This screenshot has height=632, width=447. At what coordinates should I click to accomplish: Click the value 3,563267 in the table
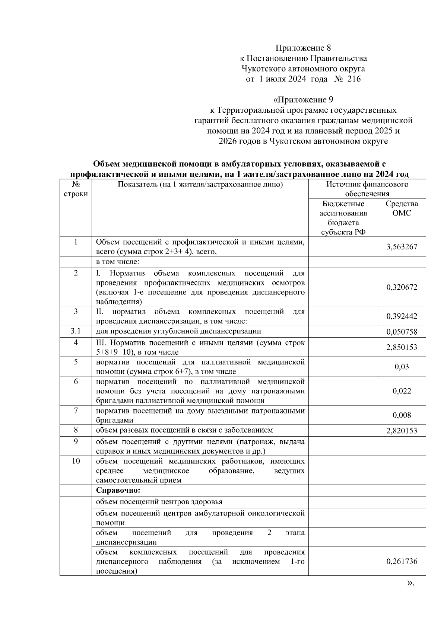(x=402, y=247)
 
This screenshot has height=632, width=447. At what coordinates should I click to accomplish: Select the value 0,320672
(x=402, y=287)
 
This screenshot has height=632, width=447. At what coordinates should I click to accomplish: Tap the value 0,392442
(x=402, y=316)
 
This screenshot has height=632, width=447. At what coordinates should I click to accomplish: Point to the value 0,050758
(x=402, y=332)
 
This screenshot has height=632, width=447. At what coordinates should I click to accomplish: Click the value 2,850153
(x=402, y=347)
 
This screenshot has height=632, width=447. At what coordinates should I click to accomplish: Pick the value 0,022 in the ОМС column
(x=402, y=391)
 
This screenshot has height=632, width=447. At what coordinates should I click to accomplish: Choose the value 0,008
(x=402, y=415)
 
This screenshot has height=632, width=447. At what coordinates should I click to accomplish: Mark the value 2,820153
(x=402, y=431)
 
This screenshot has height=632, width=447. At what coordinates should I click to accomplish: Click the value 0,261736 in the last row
(x=402, y=561)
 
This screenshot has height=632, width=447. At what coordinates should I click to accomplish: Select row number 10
(x=76, y=461)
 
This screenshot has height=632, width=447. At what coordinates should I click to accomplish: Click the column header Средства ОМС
(x=402, y=208)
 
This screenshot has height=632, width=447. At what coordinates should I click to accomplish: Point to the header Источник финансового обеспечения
(x=367, y=189)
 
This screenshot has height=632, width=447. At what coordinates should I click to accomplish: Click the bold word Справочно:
(x=118, y=490)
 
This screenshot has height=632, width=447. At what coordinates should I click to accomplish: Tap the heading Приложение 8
(x=303, y=48)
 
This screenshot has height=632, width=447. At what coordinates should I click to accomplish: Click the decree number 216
(x=354, y=79)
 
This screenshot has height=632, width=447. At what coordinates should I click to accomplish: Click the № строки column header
(x=76, y=189)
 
